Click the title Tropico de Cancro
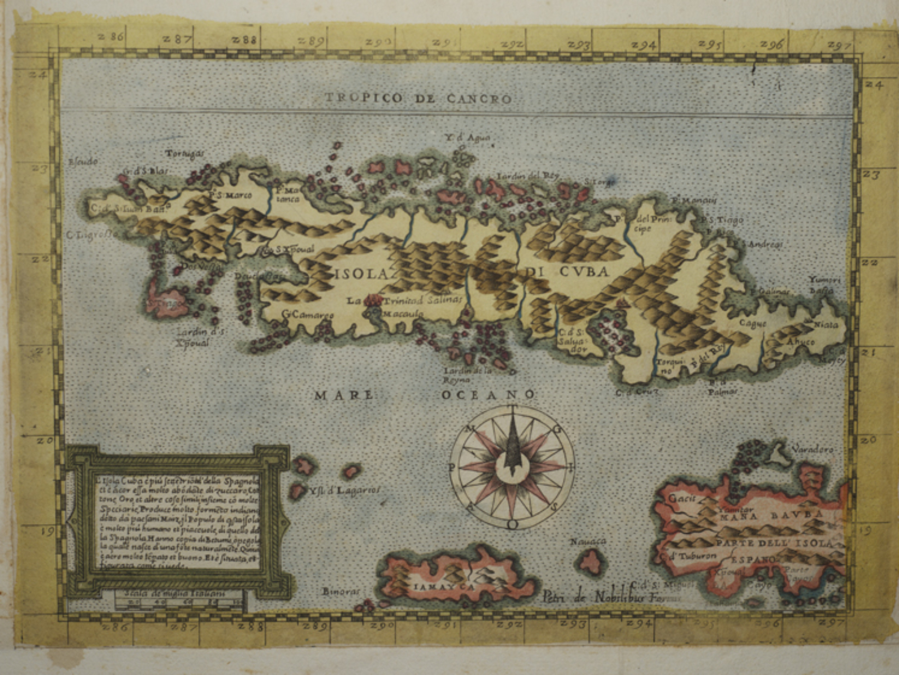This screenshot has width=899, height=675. [x=418, y=98]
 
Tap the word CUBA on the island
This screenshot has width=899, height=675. [x=582, y=272]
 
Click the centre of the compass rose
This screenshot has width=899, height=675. [x=512, y=466]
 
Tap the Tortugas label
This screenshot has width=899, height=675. [x=184, y=154]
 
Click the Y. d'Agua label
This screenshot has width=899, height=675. [x=467, y=139]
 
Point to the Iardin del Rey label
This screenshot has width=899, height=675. [x=527, y=176]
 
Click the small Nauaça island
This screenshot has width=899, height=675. [x=590, y=561]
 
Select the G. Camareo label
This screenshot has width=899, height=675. [x=307, y=315]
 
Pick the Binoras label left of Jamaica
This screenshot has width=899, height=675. [x=341, y=591]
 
